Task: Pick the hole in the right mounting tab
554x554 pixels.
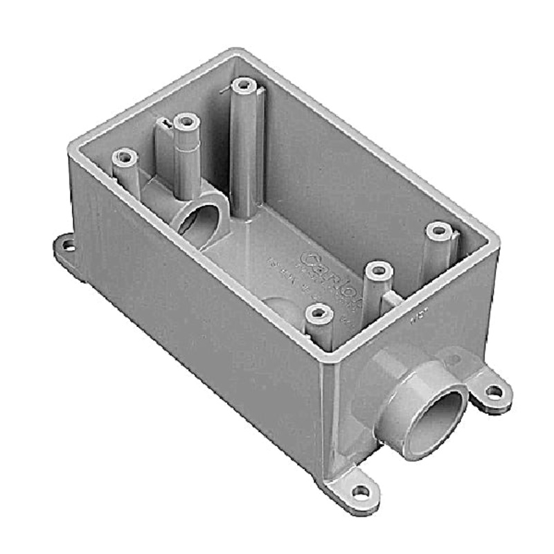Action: point(494,391)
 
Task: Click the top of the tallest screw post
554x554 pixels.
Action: point(242,86)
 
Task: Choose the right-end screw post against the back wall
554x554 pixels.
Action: point(438,231)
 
